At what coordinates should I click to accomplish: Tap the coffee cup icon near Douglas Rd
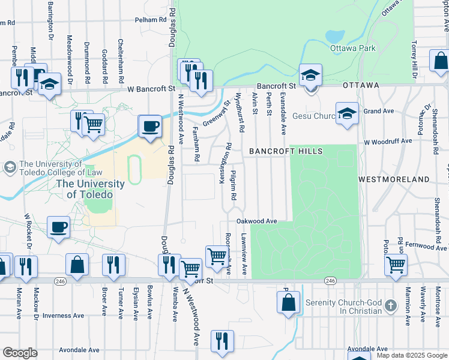click(x=150, y=127)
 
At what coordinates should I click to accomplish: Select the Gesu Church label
click(x=315, y=116)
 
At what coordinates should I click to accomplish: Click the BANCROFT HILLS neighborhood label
click(x=286, y=151)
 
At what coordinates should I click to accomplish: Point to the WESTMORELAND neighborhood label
click(x=394, y=179)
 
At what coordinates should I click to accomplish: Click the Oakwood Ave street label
click(x=260, y=221)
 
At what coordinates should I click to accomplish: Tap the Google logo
click(x=20, y=353)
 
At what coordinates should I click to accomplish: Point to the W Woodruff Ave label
click(x=388, y=142)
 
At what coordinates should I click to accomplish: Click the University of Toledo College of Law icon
click(x=10, y=166)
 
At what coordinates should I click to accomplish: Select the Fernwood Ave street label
click(x=426, y=245)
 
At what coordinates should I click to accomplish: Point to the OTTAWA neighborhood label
click(x=361, y=85)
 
